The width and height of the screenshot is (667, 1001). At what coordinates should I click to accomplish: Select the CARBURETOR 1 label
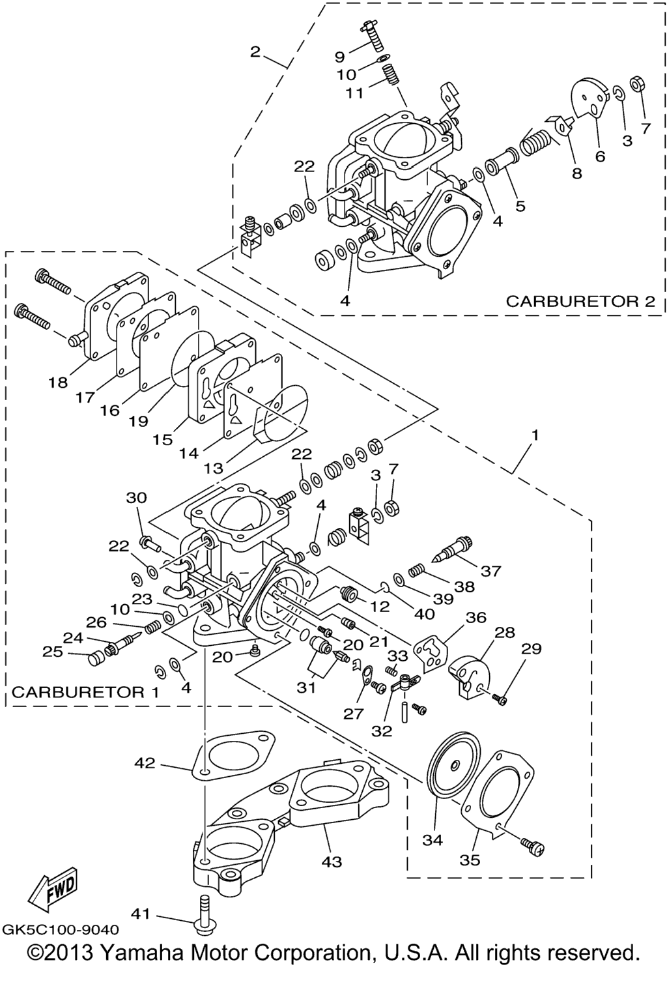click(x=85, y=691)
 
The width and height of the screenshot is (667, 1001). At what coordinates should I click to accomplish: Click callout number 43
click(x=331, y=862)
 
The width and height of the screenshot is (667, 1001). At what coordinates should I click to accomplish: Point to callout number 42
click(x=145, y=762)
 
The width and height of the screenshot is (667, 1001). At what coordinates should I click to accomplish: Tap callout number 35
click(x=470, y=860)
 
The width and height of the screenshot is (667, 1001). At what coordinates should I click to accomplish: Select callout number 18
click(x=58, y=382)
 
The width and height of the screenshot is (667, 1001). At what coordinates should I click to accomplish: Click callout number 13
click(x=213, y=467)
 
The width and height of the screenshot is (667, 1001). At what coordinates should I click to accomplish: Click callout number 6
click(x=600, y=156)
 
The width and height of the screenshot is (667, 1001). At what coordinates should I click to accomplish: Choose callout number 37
click(x=491, y=571)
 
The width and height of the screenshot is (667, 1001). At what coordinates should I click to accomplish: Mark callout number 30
click(x=136, y=498)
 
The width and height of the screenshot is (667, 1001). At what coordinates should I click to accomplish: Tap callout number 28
click(x=505, y=633)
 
